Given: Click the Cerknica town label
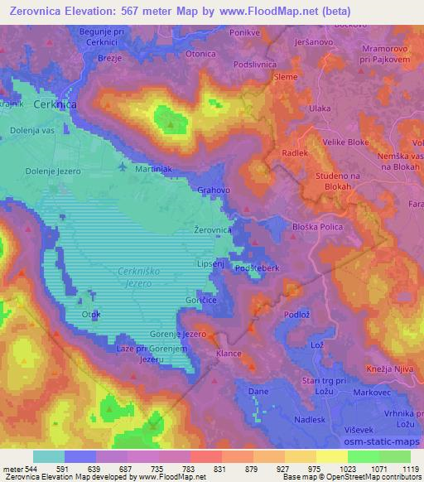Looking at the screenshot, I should [x=55, y=105].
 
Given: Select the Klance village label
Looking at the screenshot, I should [x=228, y=354].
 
